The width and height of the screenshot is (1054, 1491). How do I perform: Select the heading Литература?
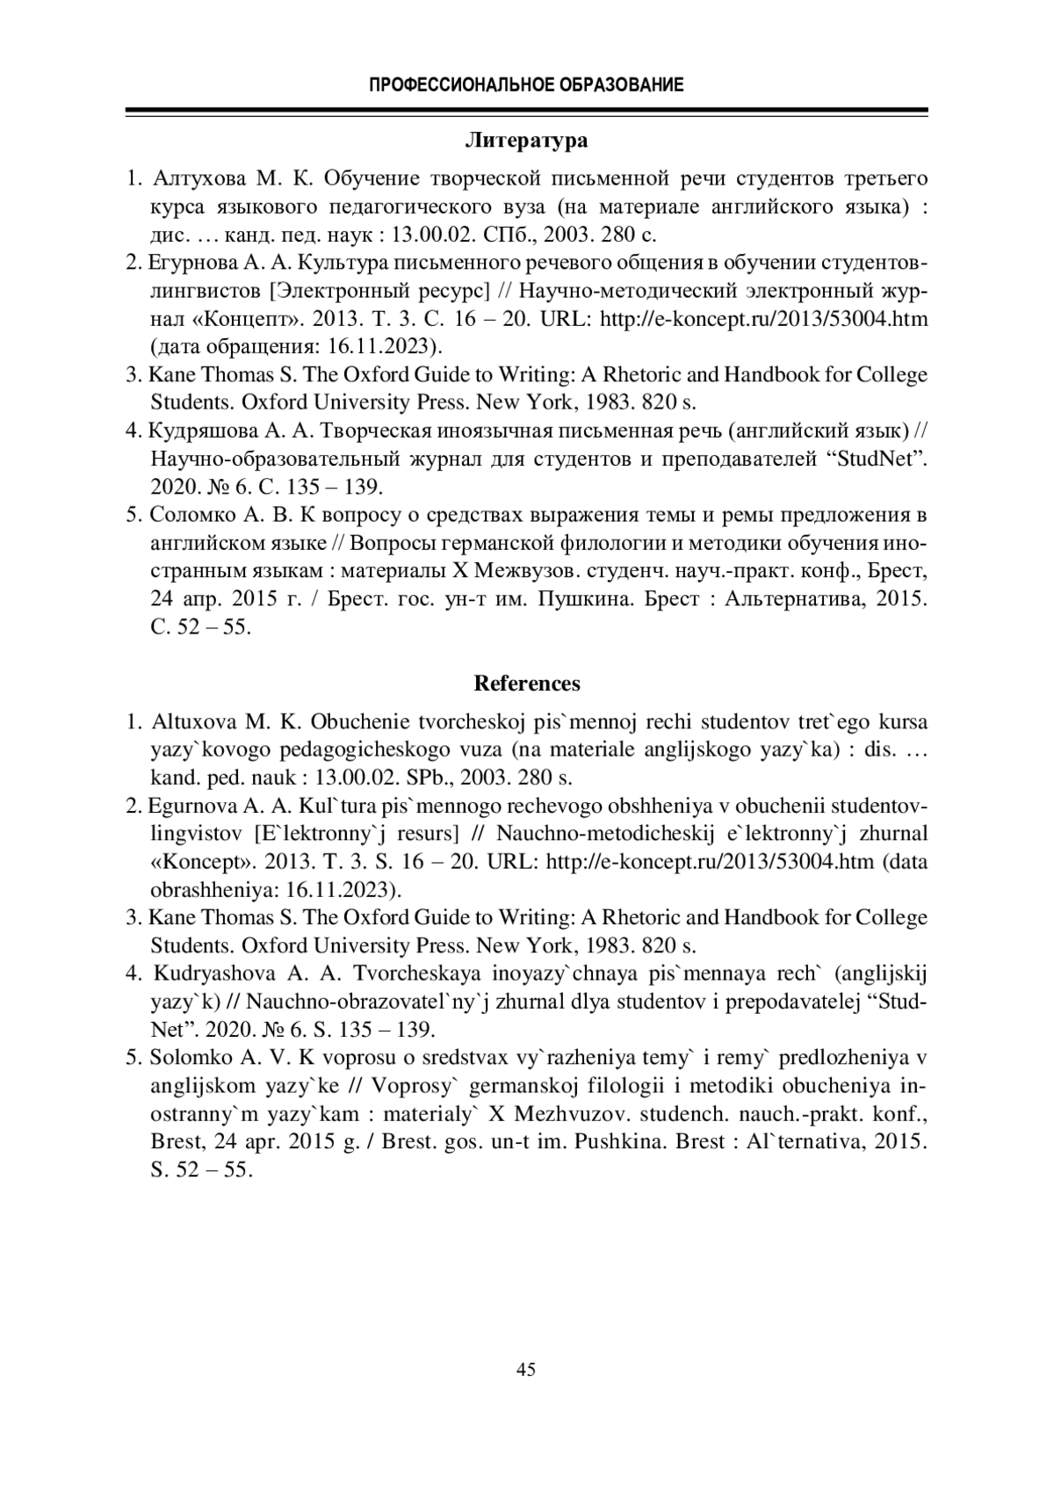pos(526,141)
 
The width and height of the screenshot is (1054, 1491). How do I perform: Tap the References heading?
pos(527,684)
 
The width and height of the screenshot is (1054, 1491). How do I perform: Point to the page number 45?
pos(526,1369)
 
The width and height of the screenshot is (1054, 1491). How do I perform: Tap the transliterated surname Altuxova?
pos(194,722)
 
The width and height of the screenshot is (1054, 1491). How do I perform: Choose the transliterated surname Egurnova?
pos(185,806)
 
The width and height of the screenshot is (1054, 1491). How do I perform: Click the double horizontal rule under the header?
pos(527,112)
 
